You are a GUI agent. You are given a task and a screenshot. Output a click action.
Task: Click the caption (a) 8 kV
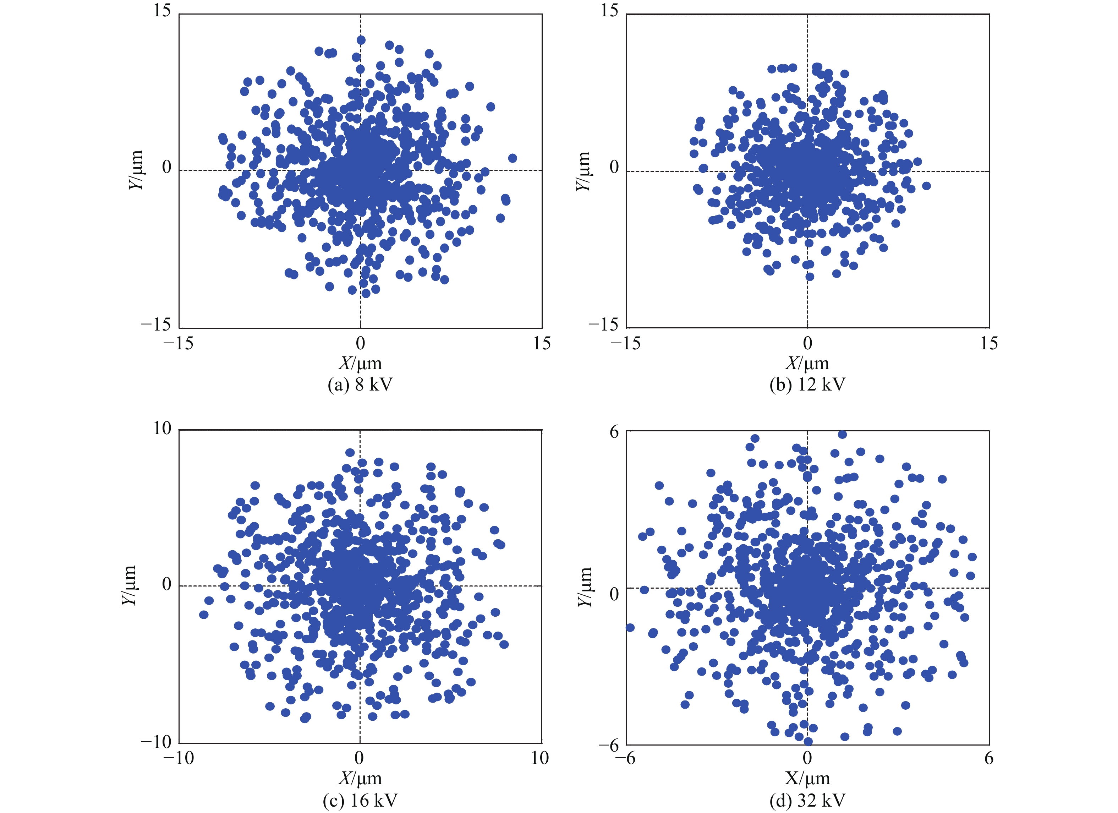coord(360,384)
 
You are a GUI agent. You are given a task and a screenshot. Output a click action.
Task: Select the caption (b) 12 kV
coord(807,384)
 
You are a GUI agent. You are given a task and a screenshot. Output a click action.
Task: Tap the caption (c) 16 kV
coord(360,800)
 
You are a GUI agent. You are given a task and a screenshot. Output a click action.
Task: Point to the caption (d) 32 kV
coord(807,800)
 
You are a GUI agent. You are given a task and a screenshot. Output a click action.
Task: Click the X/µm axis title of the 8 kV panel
coord(360,363)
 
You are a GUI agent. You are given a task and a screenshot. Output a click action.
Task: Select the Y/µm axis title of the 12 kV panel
coord(583,171)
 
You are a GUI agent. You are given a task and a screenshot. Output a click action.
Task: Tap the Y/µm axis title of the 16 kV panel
coord(128,586)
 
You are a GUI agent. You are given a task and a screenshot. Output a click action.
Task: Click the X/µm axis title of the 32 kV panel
coord(807,779)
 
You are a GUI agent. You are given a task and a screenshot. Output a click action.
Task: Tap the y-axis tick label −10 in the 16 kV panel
coord(156,742)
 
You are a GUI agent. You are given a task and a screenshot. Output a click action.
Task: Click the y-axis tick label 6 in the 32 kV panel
coord(614,432)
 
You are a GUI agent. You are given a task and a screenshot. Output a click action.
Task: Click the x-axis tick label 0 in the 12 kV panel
coord(807,344)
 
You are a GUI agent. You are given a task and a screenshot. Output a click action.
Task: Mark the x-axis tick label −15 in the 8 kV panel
coord(179,344)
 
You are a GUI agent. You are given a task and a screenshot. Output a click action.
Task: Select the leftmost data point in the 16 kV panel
coord(204,614)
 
